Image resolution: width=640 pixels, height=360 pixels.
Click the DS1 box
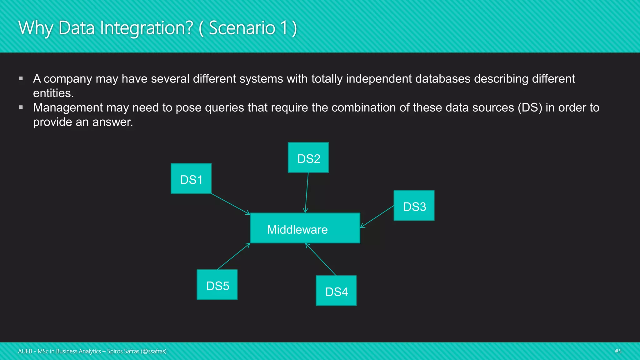pos(191,178)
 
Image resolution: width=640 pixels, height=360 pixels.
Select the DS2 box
pos(308,157)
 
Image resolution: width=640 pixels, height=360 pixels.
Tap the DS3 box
pos(414,206)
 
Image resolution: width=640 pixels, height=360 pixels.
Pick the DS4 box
pos(336,291)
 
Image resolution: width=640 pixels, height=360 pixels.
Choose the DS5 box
pos(217,285)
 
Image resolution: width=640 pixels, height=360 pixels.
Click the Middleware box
pos(305,228)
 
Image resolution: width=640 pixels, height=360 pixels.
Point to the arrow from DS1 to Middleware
pos(231,204)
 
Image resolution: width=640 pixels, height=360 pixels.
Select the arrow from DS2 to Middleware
pos(307,192)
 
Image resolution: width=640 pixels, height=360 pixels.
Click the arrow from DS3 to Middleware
pos(377,216)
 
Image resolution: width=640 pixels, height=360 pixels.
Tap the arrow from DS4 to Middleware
pos(321,259)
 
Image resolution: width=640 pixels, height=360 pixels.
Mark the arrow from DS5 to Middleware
pos(233,256)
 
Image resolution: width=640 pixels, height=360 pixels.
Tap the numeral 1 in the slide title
pos(283,28)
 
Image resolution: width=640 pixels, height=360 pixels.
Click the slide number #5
pos(618,351)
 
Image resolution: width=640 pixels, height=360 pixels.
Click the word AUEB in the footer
pos(25,351)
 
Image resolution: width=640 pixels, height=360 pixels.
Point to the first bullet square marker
pos(21,78)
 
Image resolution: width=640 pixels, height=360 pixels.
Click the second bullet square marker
pos(21,107)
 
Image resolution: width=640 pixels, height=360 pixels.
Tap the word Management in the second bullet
pos(68,107)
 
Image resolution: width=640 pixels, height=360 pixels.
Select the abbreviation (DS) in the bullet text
pos(530,107)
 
